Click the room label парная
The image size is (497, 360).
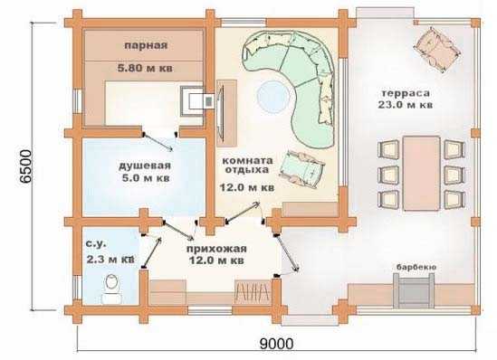pyautogui.click(x=146, y=45)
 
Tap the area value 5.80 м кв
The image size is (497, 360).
pyautogui.click(x=145, y=68)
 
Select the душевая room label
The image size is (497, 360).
pyautogui.click(x=145, y=166)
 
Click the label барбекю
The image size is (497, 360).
pyautogui.click(x=416, y=267)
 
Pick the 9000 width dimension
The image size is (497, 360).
pyautogui.click(x=276, y=344)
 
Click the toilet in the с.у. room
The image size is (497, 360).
pyautogui.click(x=111, y=289)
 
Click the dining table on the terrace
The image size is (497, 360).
pyautogui.click(x=421, y=173)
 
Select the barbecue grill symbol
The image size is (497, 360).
pyautogui.click(x=414, y=290)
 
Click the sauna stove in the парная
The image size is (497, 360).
pyautogui.click(x=194, y=101)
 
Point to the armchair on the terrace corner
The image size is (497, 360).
pyautogui.click(x=437, y=49)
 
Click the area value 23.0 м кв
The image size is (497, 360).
pyautogui.click(x=405, y=105)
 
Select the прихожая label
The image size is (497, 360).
pyautogui.click(x=216, y=249)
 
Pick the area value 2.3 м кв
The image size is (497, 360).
pyautogui.click(x=110, y=260)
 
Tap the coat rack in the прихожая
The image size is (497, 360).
pyautogui.click(x=253, y=290)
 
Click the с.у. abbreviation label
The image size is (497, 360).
pyautogui.click(x=96, y=244)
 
